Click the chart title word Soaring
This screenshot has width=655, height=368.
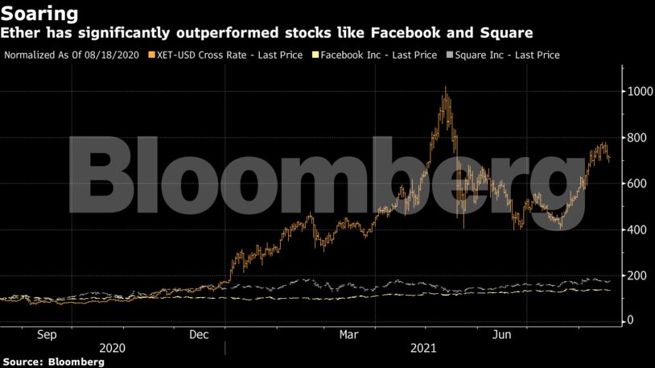click(39, 14)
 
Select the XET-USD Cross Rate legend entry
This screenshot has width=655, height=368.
click(225, 55)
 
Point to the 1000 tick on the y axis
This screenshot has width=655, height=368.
click(641, 92)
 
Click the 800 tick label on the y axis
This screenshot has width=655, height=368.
click(638, 138)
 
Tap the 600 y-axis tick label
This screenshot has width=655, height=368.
click(638, 184)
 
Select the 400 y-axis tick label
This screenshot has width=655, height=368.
click(638, 229)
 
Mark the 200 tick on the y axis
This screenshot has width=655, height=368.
click(638, 275)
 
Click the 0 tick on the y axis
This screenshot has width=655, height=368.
click(632, 320)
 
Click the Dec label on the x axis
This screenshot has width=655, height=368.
click(199, 333)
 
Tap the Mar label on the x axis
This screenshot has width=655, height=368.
click(349, 333)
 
